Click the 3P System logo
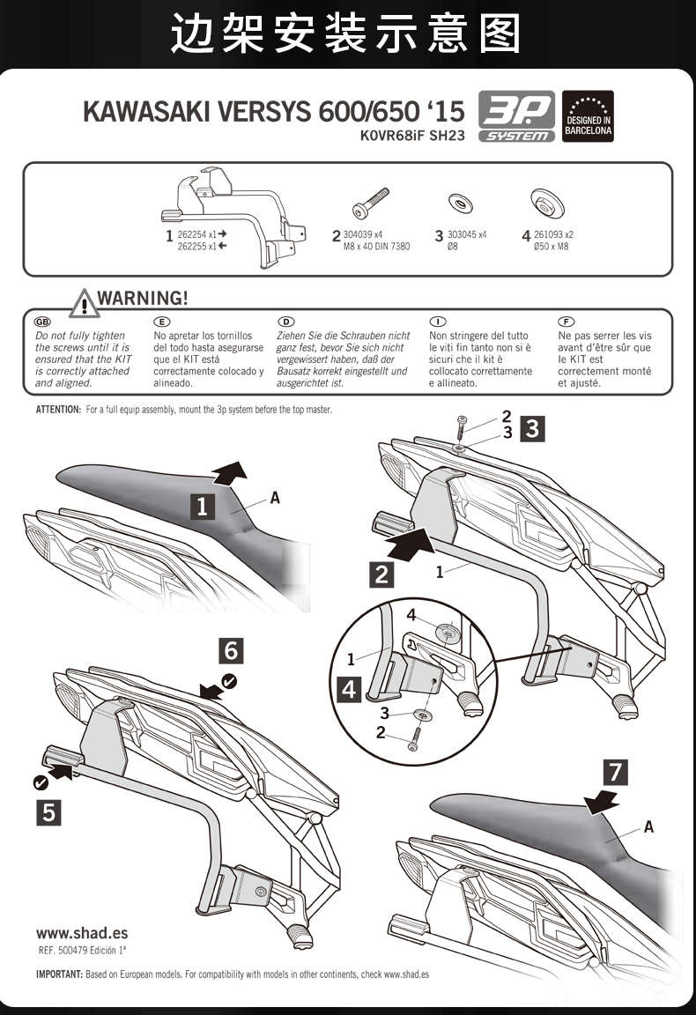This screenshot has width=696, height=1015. [515, 116]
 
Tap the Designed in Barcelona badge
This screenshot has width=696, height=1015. [588, 116]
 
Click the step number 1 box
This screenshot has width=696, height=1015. [202, 506]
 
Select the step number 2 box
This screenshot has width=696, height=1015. [381, 575]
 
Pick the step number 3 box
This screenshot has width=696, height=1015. [532, 429]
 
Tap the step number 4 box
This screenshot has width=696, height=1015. [350, 689]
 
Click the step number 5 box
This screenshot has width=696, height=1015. [48, 812]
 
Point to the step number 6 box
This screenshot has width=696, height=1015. [231, 650]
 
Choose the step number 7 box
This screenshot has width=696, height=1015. [615, 772]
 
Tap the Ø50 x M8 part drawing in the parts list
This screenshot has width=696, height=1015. [549, 203]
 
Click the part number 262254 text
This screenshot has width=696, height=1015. [192, 234]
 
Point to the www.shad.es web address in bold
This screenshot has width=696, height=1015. [82, 933]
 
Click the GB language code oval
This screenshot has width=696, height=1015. [43, 322]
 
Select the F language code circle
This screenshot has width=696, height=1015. [567, 322]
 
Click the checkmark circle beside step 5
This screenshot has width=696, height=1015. [41, 782]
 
